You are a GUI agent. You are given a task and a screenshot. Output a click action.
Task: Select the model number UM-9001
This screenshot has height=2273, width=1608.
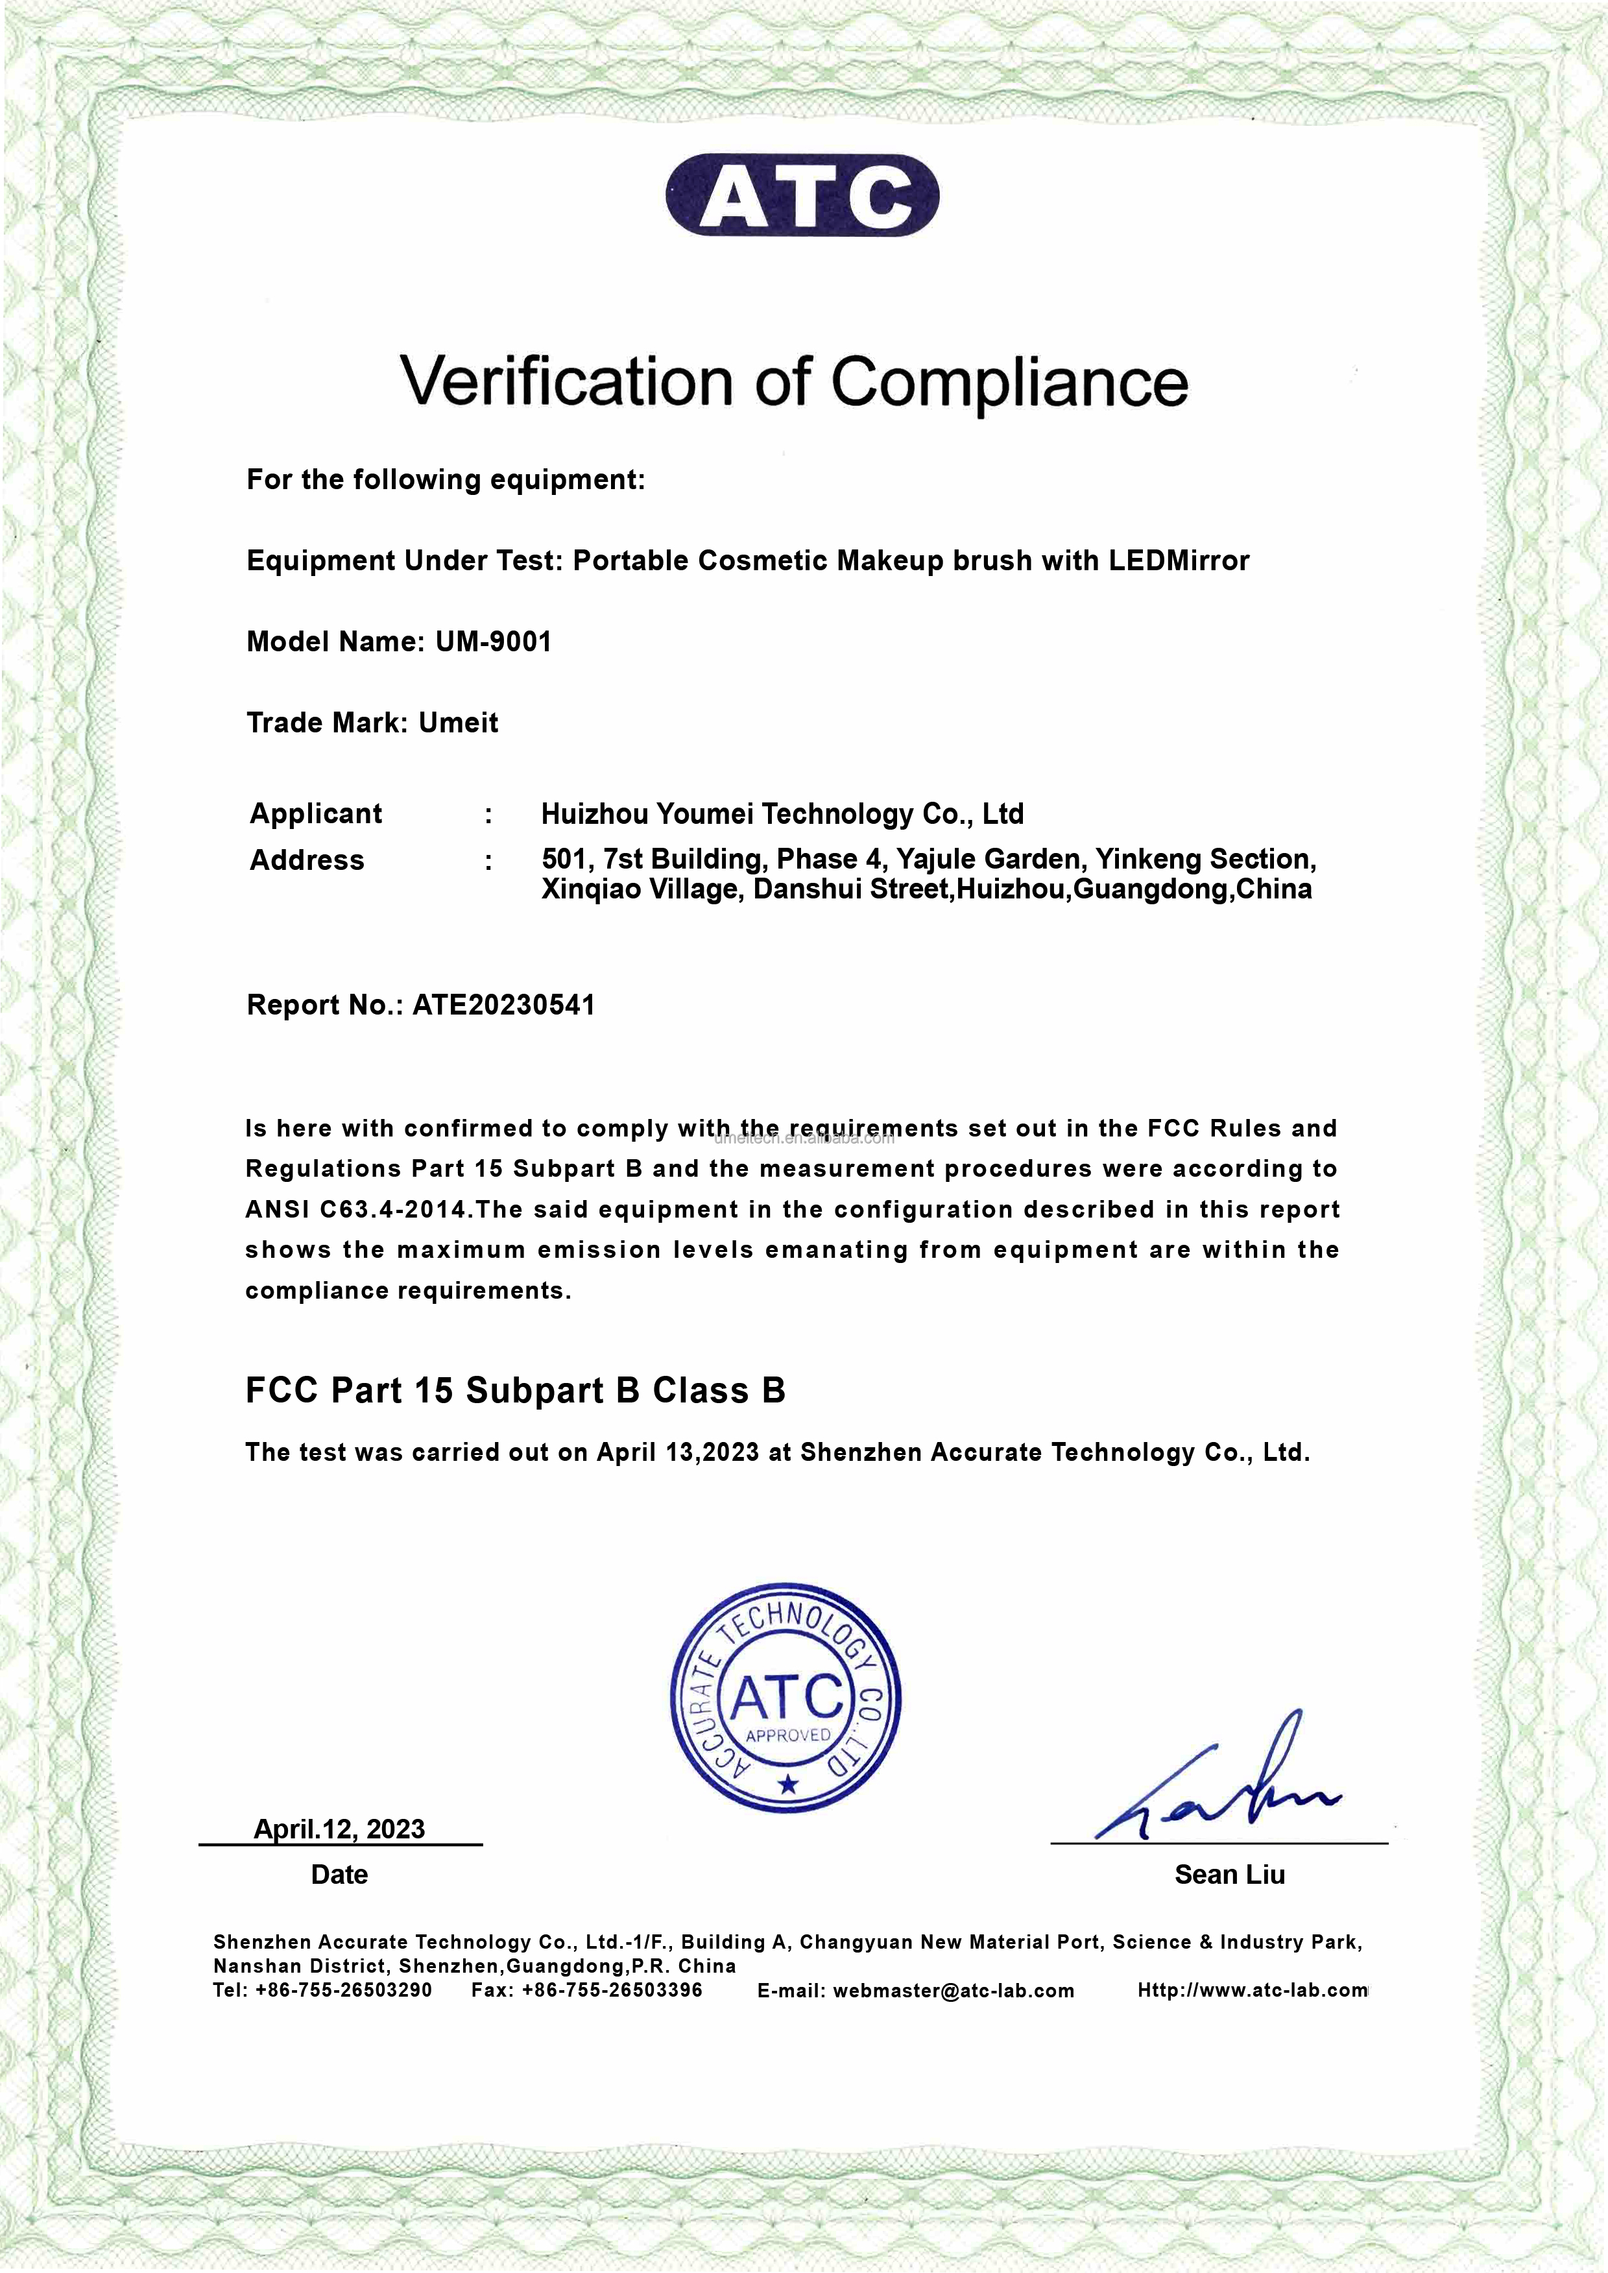[493, 642]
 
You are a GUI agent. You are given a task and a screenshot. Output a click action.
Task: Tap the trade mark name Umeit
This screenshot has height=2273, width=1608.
[459, 723]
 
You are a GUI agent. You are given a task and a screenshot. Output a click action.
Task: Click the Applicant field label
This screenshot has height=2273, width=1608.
[316, 813]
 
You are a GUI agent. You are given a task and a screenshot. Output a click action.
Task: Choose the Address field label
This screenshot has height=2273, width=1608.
[307, 860]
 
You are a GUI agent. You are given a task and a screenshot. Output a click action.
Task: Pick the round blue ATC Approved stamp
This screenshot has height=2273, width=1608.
[786, 1697]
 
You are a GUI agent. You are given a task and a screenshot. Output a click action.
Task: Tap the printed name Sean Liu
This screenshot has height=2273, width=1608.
[1230, 1874]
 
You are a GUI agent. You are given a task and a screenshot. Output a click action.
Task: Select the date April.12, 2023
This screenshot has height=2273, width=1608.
[340, 1829]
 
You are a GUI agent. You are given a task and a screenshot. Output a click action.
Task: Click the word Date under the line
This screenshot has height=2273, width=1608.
[340, 1874]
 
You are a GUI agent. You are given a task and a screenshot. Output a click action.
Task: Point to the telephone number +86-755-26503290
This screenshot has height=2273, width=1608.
[344, 1990]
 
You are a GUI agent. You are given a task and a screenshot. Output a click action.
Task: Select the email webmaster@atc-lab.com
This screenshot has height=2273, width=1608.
[954, 1991]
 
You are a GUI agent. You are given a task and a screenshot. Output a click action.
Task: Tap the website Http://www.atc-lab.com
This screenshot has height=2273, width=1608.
[1253, 1990]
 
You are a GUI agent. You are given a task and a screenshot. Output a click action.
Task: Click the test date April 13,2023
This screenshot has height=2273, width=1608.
[678, 1452]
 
